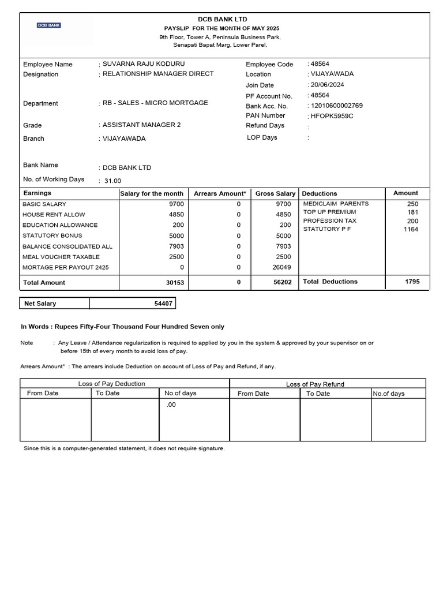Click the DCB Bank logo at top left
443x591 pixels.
[49, 25]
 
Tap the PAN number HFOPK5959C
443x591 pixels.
[332, 116]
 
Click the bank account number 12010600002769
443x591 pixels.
[337, 106]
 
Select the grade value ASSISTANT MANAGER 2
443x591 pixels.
[141, 125]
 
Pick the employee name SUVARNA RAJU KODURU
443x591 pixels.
[144, 63]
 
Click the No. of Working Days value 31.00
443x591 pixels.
[112, 181]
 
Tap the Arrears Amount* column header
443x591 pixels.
[220, 193]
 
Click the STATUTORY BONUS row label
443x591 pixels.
[52, 235]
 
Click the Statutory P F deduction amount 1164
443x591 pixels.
[411, 229]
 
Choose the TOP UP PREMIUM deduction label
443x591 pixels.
[330, 212]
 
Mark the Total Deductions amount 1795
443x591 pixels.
[412, 282]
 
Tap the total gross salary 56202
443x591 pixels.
[282, 282]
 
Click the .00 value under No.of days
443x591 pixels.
[171, 405]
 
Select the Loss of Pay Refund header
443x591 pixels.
[315, 384]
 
